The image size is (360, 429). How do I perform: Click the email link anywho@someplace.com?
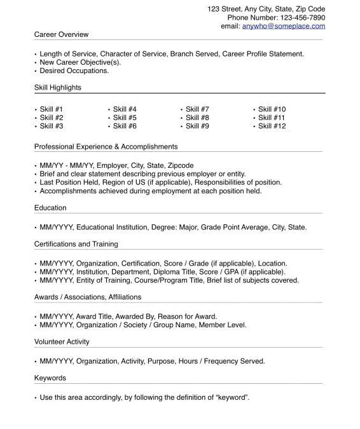(283, 26)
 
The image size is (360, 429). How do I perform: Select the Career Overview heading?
(62, 34)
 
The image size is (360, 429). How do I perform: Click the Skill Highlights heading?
(58, 88)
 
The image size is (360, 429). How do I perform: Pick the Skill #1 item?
(52, 109)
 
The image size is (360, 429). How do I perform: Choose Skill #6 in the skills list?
(125, 126)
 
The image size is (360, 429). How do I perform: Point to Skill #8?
(197, 118)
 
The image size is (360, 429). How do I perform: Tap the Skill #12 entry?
(272, 126)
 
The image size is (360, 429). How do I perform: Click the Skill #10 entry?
(272, 109)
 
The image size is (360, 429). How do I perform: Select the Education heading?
(50, 208)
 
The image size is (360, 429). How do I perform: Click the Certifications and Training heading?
(76, 244)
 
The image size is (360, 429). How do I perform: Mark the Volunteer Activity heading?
(62, 342)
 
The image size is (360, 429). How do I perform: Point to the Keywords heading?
(50, 378)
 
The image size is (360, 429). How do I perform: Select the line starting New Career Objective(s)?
(80, 62)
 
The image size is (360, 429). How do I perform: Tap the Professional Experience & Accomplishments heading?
(106, 147)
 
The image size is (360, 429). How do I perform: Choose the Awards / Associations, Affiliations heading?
(88, 297)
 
